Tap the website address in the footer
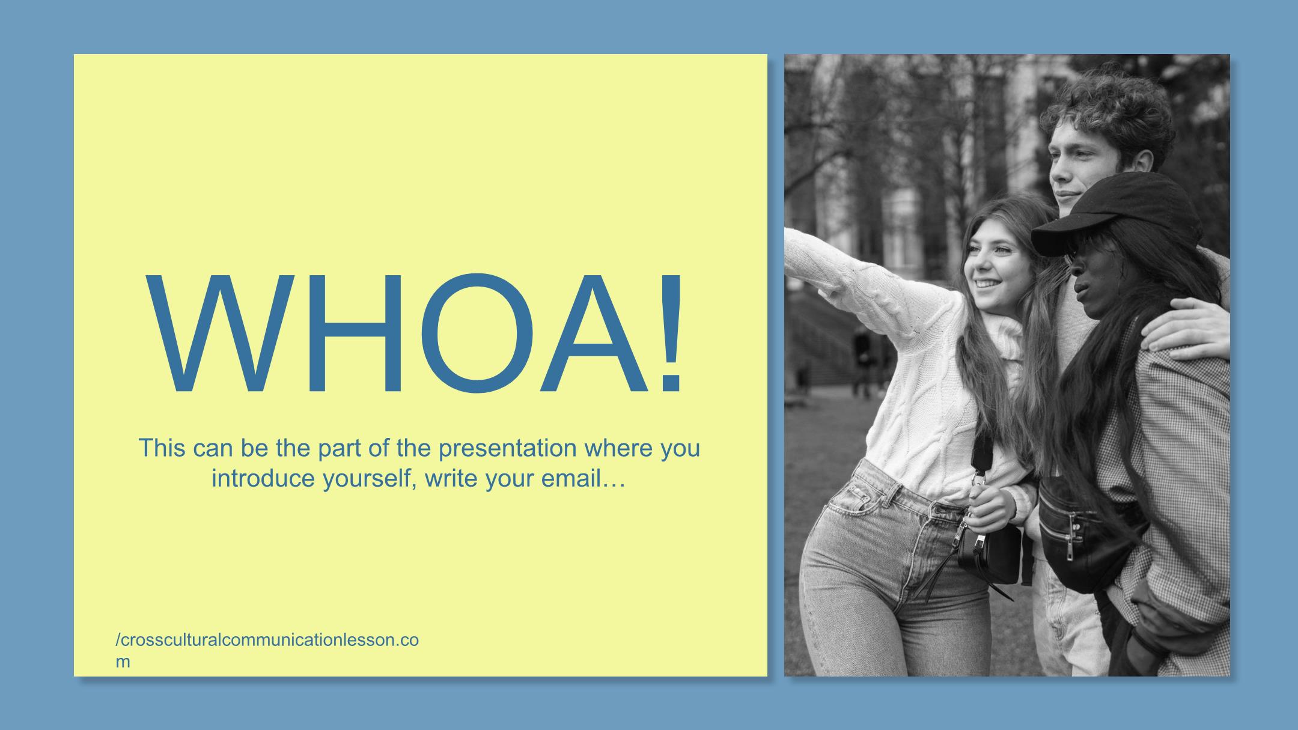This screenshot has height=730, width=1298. coord(267,650)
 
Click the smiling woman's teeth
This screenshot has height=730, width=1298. coord(986,282)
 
